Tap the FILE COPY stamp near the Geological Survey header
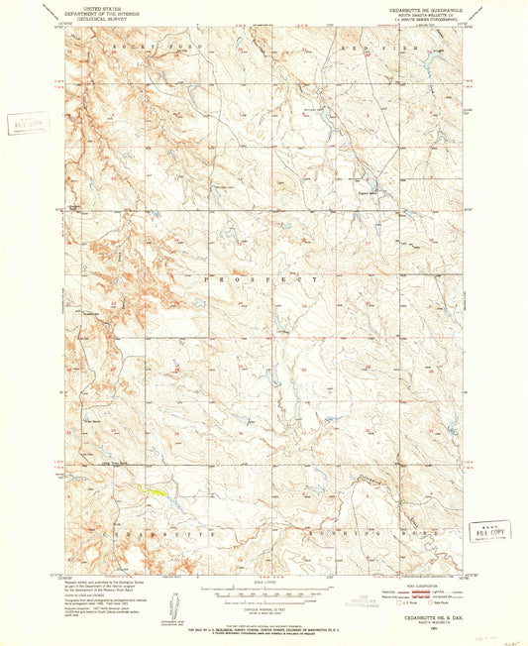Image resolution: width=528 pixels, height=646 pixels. (x=22, y=123)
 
